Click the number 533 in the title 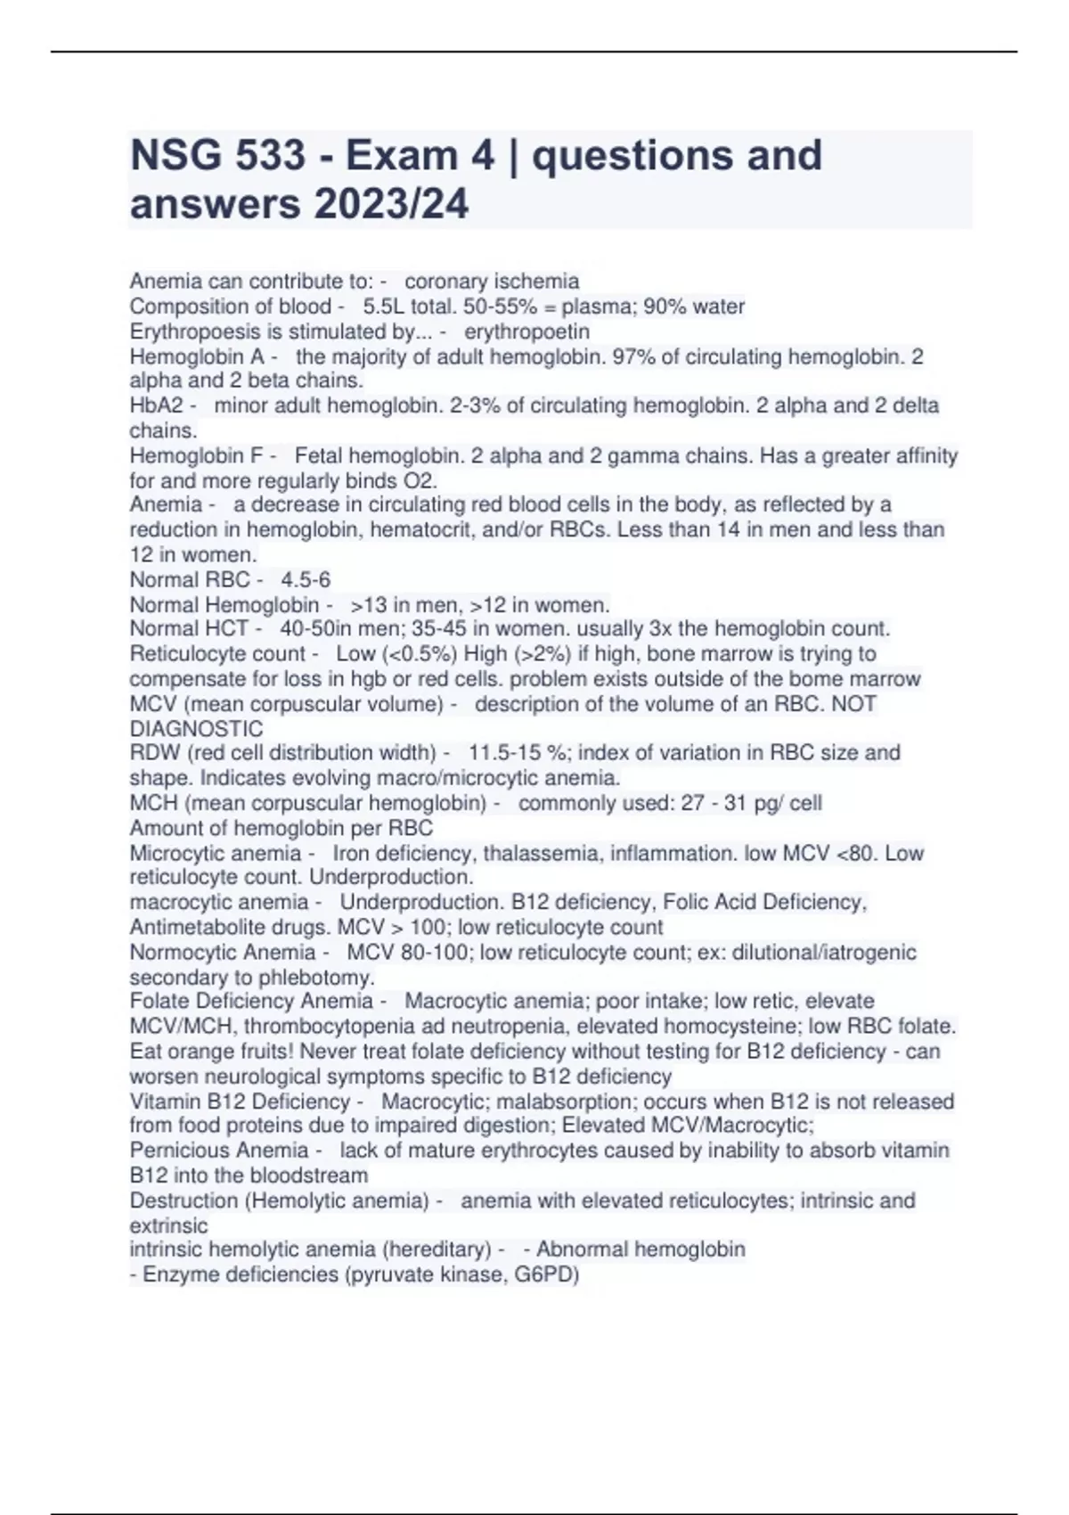271,156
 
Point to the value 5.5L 383,307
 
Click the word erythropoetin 526,332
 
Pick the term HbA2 156,405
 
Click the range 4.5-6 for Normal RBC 306,579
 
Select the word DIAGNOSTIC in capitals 196,729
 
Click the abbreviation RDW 155,753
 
